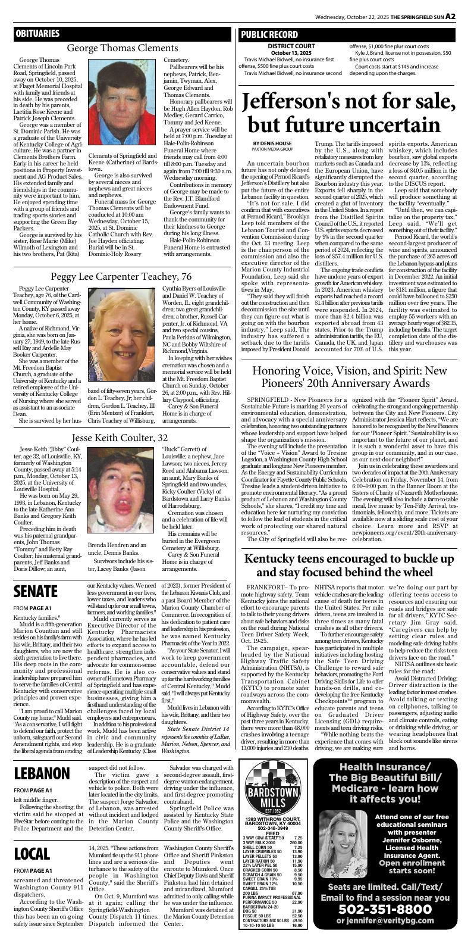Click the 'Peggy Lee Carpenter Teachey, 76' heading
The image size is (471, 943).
tap(121, 276)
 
